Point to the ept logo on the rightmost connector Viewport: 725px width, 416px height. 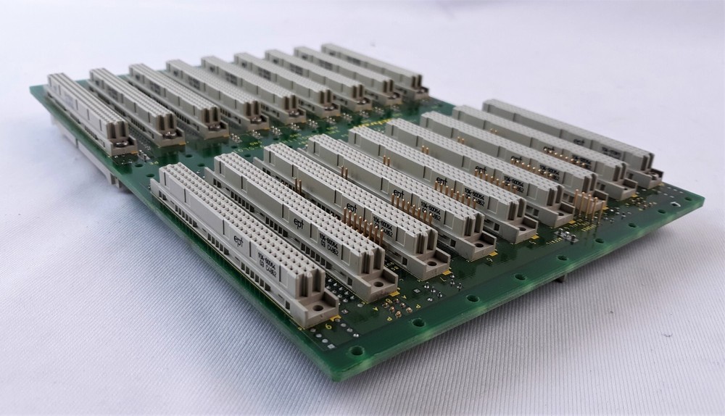point(579,143)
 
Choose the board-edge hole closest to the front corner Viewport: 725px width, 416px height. point(360,353)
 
